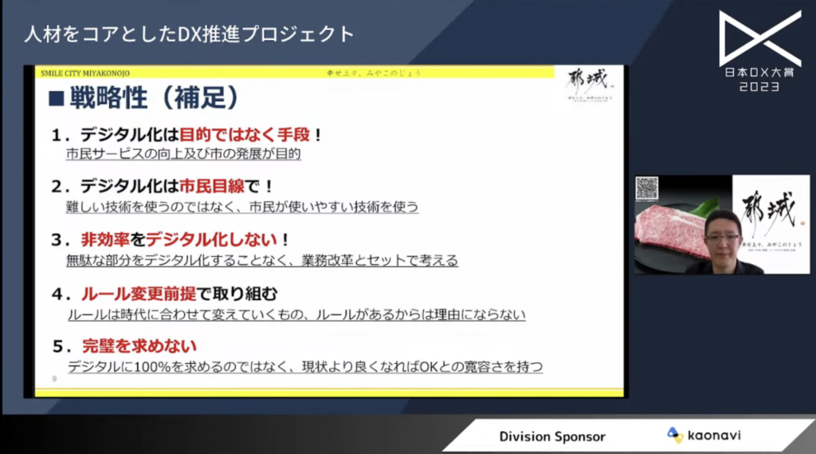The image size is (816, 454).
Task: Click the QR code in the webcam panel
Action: point(646,188)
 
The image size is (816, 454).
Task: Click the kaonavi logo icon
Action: point(675,435)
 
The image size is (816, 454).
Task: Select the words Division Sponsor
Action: point(552,436)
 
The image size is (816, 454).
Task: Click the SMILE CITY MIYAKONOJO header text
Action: point(86,73)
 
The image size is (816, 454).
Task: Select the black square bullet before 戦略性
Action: point(57,99)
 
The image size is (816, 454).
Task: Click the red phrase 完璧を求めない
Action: point(139,346)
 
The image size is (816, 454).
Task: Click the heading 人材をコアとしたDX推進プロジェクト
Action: point(189,34)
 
